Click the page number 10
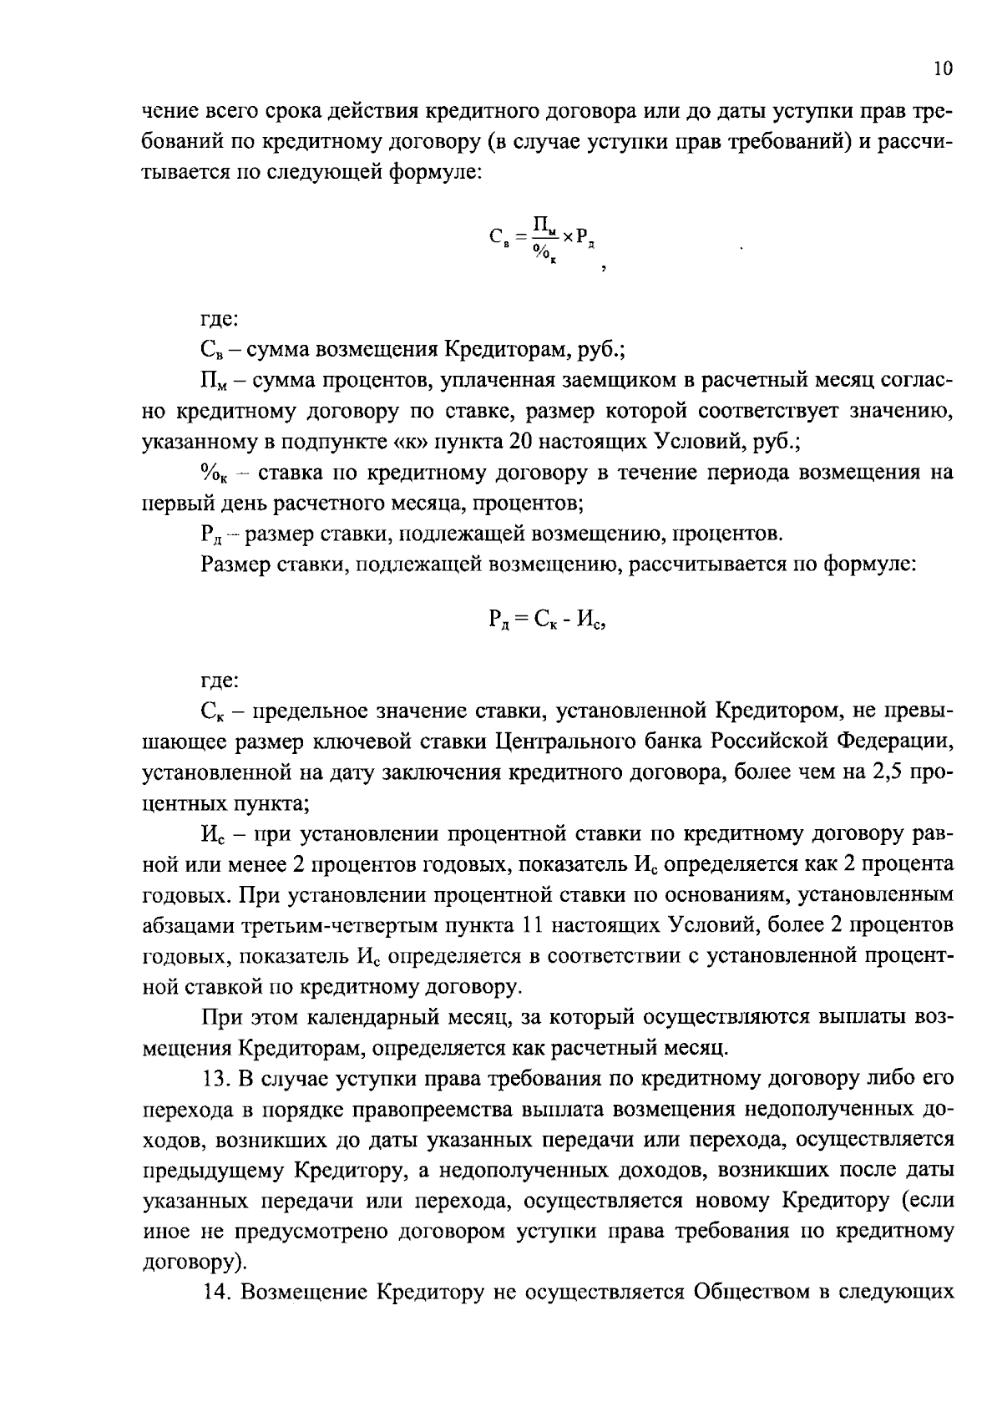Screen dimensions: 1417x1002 (943, 68)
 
